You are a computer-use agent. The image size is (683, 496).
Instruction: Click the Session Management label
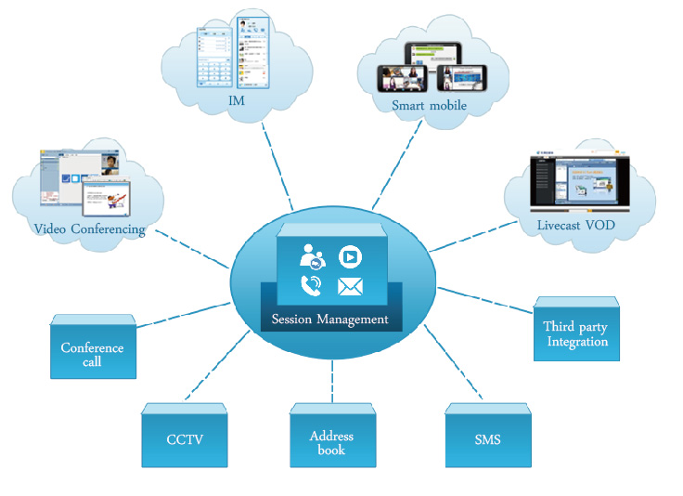coord(331,320)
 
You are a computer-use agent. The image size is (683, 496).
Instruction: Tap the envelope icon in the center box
coord(350,287)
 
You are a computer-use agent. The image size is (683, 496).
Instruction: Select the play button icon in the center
coord(349,255)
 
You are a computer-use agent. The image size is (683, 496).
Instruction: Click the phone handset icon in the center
coord(312,287)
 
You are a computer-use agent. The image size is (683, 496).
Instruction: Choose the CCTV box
coord(185,437)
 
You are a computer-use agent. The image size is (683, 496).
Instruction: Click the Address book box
coord(331,437)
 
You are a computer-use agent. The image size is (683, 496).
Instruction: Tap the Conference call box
coord(92,354)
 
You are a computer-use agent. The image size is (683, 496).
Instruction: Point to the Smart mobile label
coord(429,106)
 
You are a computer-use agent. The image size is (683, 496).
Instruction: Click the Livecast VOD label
coord(577,224)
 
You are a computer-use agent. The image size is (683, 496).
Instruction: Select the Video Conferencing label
coord(89,229)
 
